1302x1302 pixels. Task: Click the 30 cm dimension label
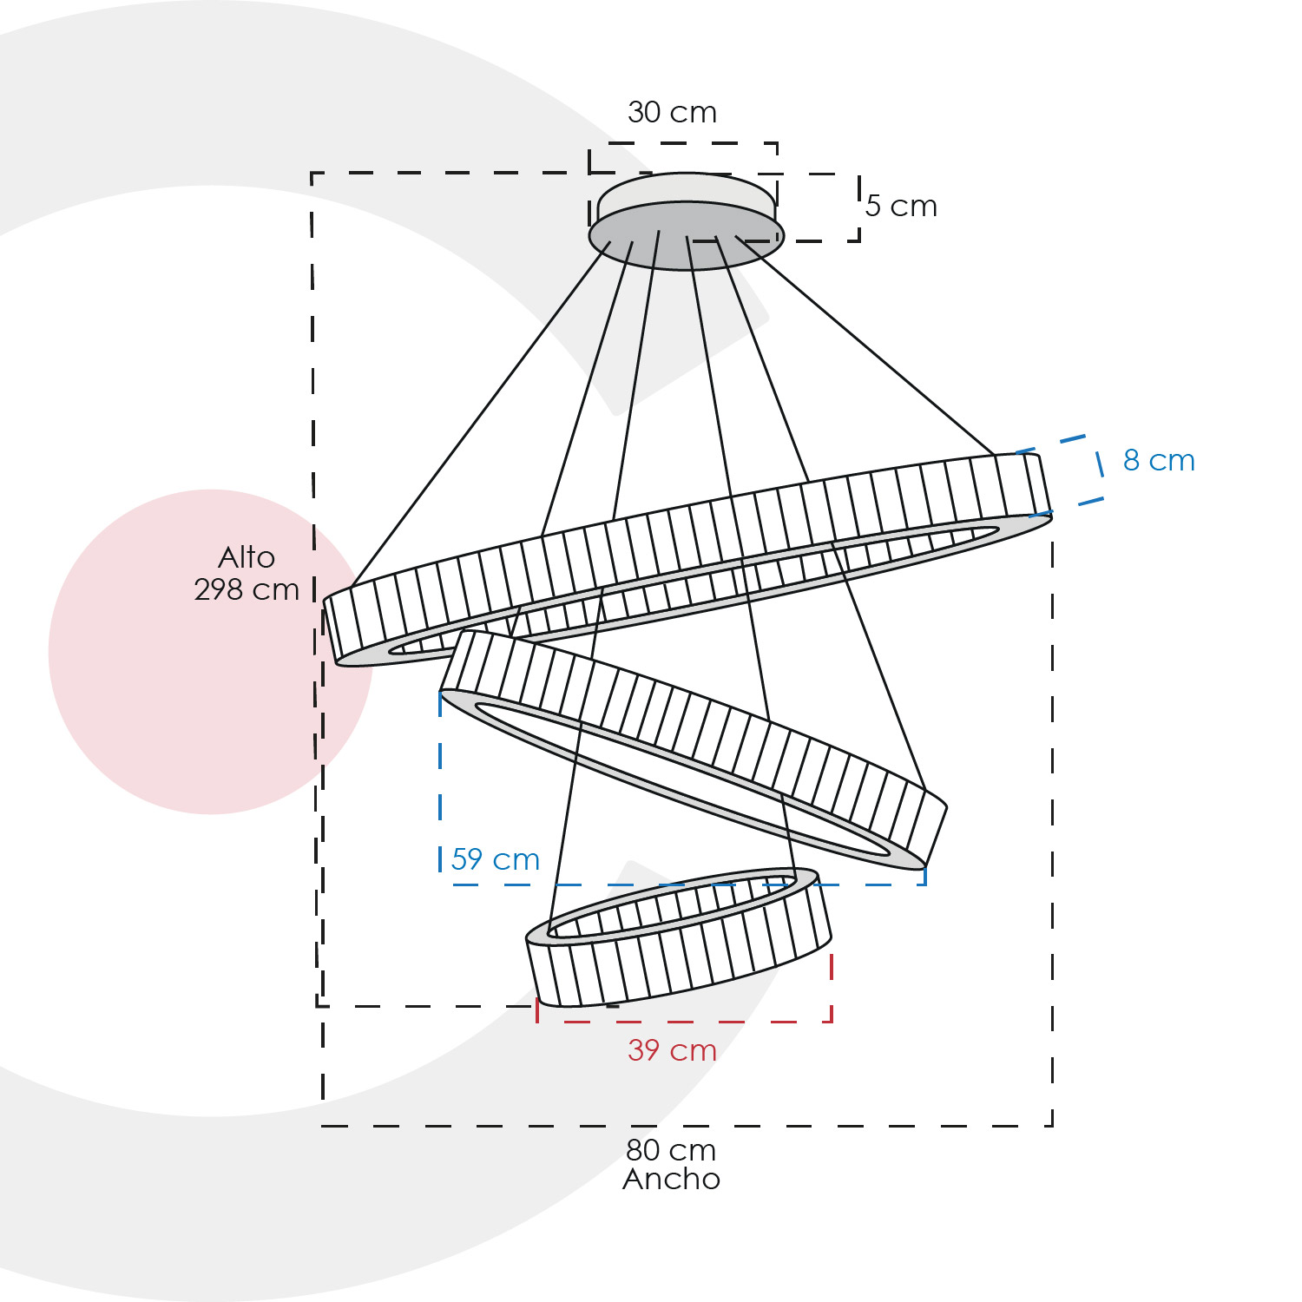pyautogui.click(x=672, y=112)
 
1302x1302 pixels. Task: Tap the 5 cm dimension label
pyautogui.click(x=901, y=206)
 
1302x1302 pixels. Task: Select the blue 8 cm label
pyautogui.click(x=1159, y=460)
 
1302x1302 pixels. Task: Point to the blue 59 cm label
pyautogui.click(x=495, y=859)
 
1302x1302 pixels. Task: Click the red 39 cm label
pyautogui.click(x=672, y=1050)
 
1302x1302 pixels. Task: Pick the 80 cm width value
pyautogui.click(x=671, y=1150)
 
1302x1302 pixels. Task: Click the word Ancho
pyautogui.click(x=671, y=1179)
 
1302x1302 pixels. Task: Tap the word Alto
pyautogui.click(x=247, y=557)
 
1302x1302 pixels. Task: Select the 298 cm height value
pyautogui.click(x=247, y=589)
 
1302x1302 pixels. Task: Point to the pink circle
pyautogui.click(x=211, y=652)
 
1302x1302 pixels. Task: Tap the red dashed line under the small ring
pyautogui.click(x=685, y=1022)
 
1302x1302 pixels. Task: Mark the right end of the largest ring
pyautogui.click(x=1051, y=514)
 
